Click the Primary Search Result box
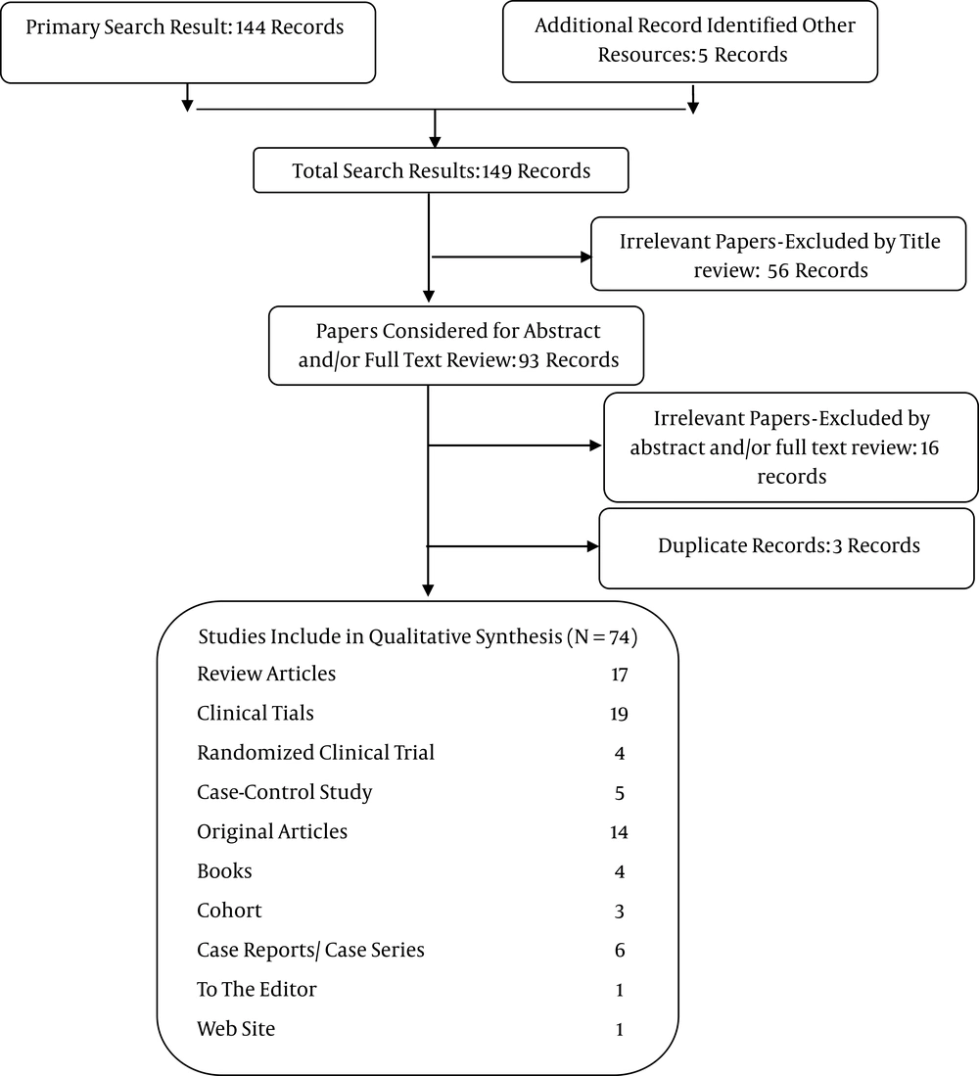tap(188, 42)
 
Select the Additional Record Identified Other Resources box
tap(690, 41)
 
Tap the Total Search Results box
tap(441, 170)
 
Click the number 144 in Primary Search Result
tap(251, 27)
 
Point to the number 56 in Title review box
tap(778, 271)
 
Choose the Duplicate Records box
tap(786, 547)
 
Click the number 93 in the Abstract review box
tap(529, 360)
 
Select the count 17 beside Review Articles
tap(620, 676)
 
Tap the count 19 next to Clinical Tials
tap(620, 715)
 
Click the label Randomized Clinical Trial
tap(315, 753)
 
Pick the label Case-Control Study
tap(285, 793)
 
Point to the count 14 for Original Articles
tap(620, 832)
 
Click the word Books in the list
tap(224, 870)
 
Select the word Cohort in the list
tap(229, 911)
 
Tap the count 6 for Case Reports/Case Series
tap(620, 951)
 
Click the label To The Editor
tap(256, 990)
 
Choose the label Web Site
tap(236, 1029)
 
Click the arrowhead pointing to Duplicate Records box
tap(592, 546)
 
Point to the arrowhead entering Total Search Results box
tap(435, 141)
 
